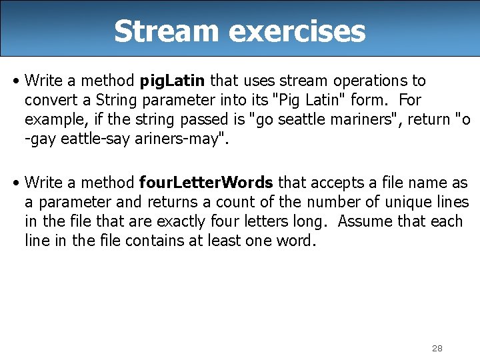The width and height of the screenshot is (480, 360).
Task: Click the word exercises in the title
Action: click(286, 31)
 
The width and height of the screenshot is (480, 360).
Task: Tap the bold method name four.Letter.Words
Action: click(206, 182)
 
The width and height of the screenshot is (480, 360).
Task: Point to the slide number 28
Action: click(437, 348)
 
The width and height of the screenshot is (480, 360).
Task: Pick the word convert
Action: click(48, 100)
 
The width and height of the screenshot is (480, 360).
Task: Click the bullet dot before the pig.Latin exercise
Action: click(15, 81)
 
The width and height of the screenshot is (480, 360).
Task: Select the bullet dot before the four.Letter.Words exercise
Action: click(15, 182)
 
